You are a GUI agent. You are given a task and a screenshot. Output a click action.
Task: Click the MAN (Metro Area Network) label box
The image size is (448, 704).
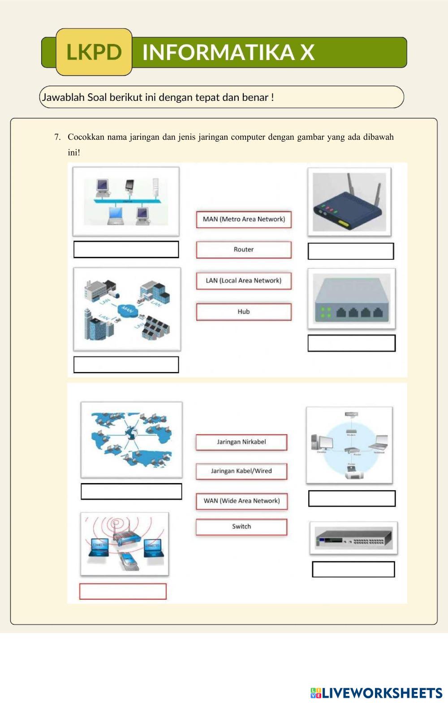click(x=244, y=220)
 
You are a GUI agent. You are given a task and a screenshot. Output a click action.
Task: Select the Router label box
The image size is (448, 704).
click(x=244, y=250)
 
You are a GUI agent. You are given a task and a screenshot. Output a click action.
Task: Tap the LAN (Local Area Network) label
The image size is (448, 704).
click(x=244, y=281)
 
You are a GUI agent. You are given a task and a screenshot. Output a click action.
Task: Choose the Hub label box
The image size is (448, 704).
click(x=244, y=312)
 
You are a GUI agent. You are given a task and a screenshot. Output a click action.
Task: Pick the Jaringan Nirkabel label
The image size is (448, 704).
click(x=241, y=442)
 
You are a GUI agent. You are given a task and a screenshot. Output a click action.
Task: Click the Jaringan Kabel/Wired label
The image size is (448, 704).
click(x=241, y=471)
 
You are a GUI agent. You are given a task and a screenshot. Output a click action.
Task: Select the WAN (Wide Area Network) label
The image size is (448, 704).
click(x=241, y=501)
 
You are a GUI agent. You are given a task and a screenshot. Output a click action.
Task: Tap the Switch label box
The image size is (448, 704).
click(x=241, y=527)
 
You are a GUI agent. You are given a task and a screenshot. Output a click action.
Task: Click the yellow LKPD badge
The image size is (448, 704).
click(x=94, y=52)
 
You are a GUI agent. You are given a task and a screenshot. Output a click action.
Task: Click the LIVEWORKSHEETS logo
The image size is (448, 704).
click(x=376, y=693)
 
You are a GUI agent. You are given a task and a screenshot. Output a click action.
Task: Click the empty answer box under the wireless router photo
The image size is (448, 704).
click(x=351, y=251)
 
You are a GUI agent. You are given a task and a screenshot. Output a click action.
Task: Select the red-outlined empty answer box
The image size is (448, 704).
click(x=123, y=592)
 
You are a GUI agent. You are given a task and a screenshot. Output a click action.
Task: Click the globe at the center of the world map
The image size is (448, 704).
click(x=131, y=433)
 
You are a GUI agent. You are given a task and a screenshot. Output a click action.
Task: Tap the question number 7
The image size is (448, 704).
click(x=57, y=137)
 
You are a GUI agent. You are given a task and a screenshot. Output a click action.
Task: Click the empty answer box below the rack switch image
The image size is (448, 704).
click(x=353, y=570)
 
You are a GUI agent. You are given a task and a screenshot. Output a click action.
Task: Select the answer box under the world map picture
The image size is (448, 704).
click(x=131, y=492)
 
